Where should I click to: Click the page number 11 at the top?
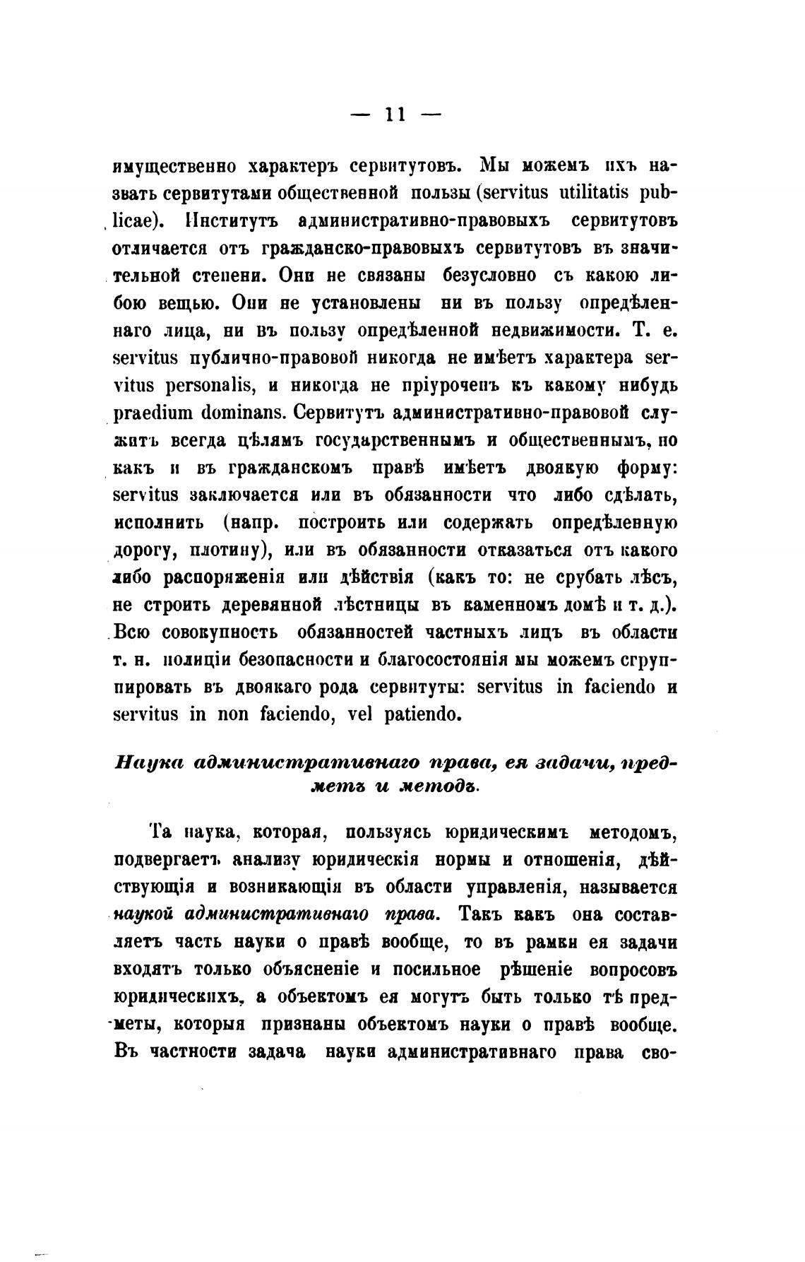pos(395,114)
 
